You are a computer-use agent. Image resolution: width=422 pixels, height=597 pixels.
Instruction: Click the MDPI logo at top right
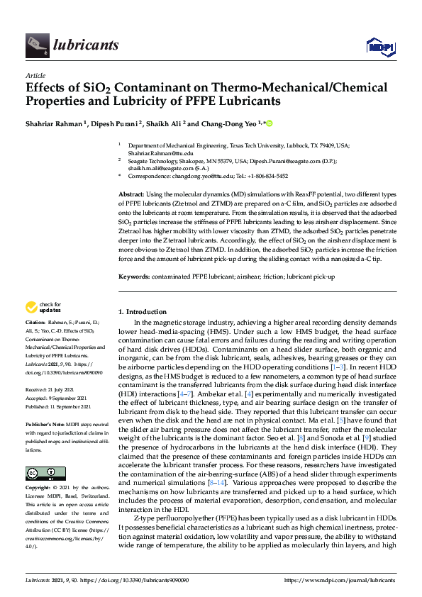pos(379,46)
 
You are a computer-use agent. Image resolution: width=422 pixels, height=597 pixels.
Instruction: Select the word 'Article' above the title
pos(35,75)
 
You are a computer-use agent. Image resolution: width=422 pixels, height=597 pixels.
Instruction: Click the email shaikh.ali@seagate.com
pos(153,168)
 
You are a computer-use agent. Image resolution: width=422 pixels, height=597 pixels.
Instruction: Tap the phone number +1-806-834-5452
pos(262,176)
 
